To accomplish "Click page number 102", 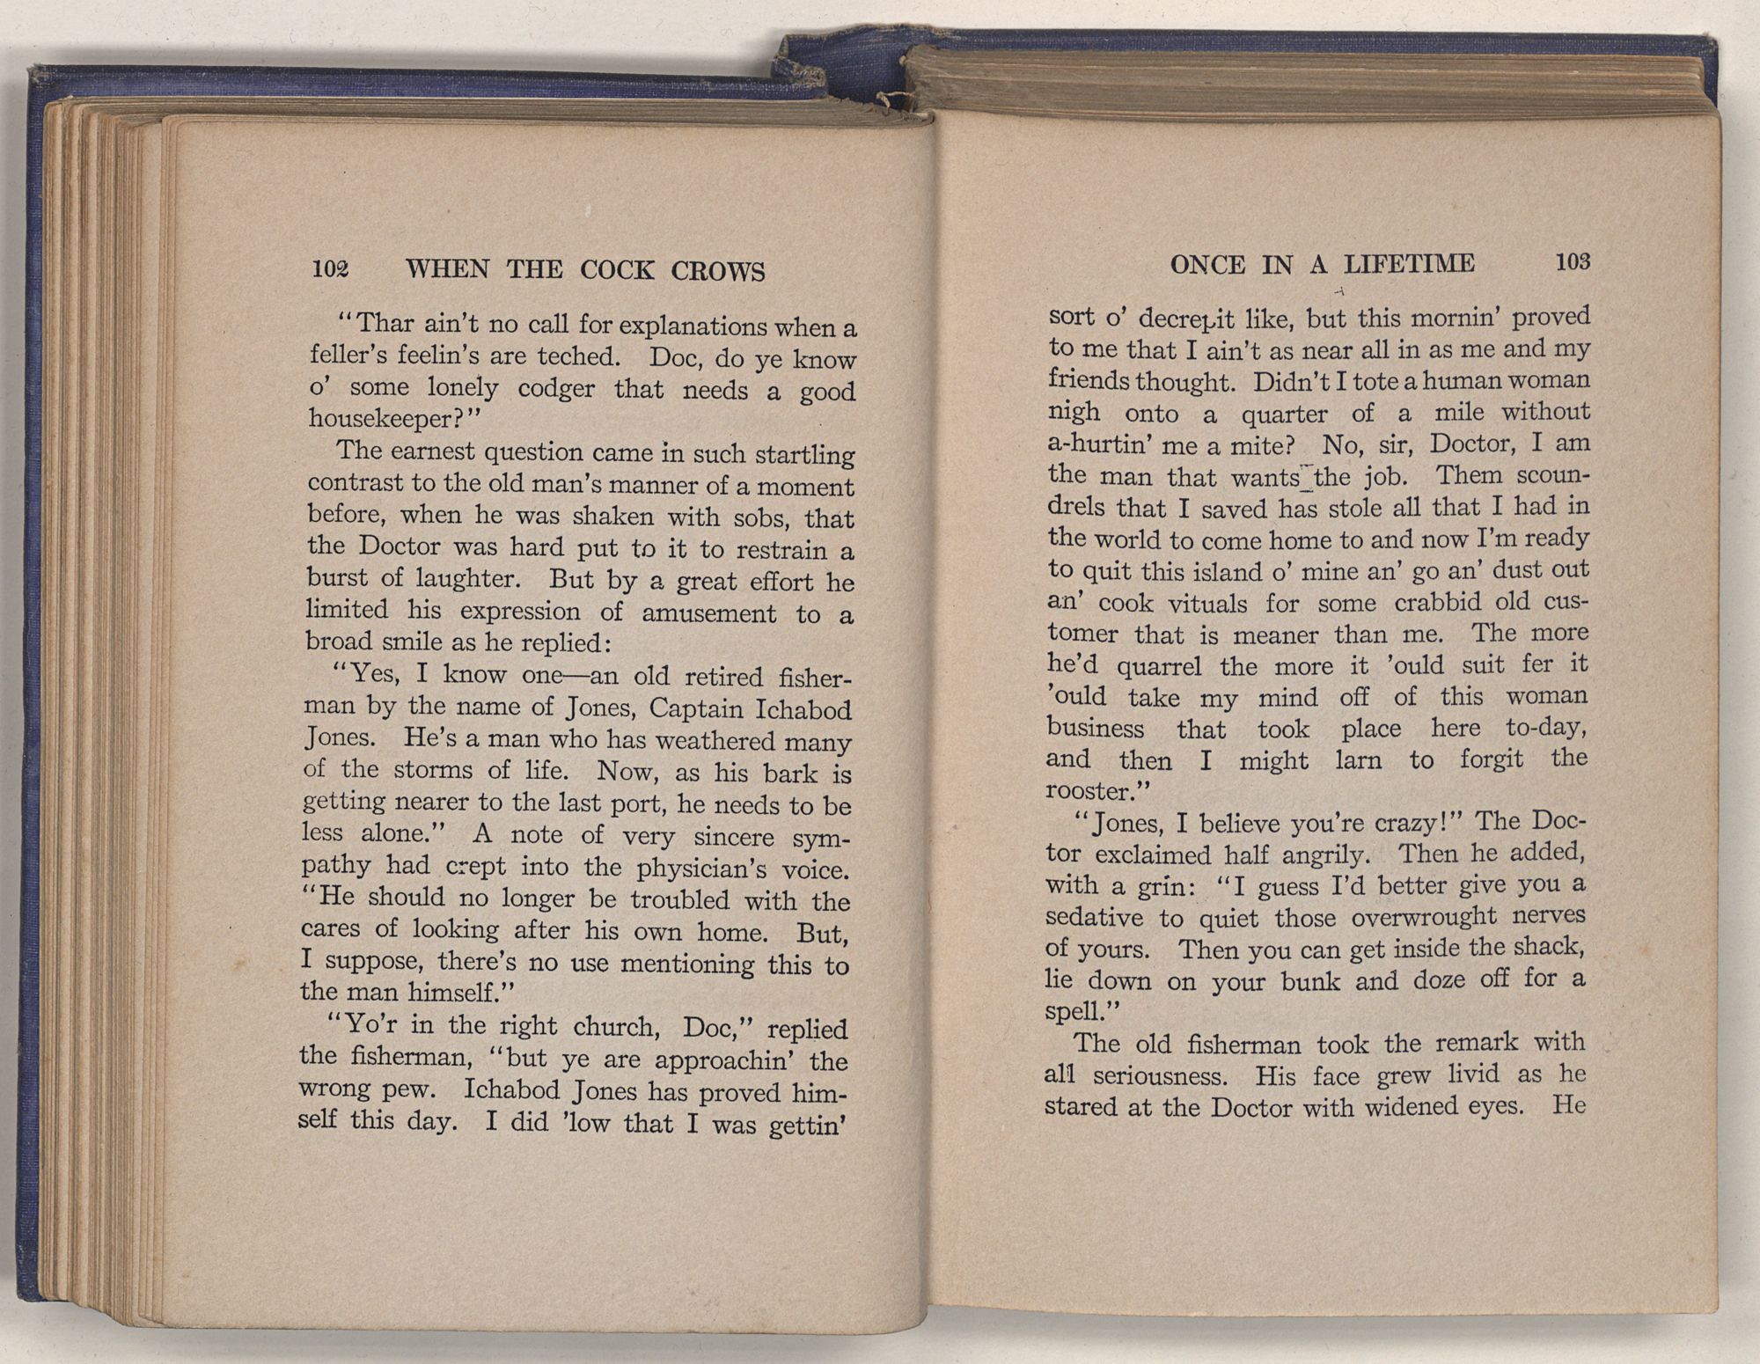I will (x=331, y=268).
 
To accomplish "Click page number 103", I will (x=1573, y=261).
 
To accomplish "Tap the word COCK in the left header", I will (x=616, y=270).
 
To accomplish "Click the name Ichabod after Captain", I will (x=801, y=709).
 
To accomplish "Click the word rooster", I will (x=1085, y=791).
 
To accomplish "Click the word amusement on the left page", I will (x=708, y=613).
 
